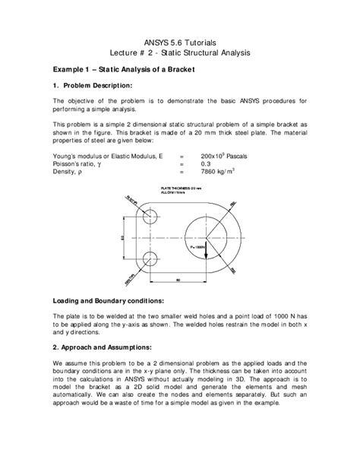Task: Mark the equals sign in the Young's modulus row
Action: pyautogui.click(x=182, y=155)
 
